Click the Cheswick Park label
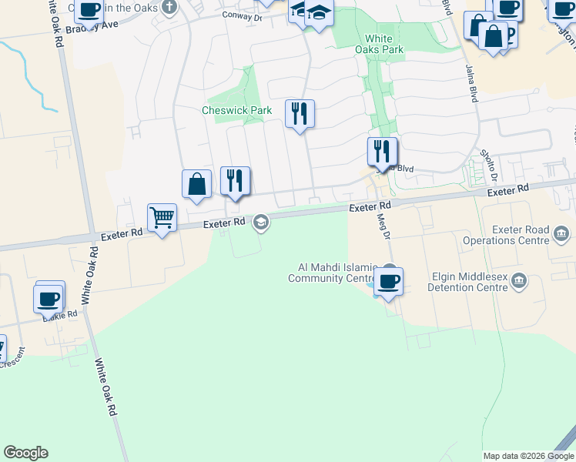236,111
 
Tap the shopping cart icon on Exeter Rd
162,218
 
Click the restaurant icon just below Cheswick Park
300,113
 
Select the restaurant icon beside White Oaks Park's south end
382,150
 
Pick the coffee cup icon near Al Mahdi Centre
389,280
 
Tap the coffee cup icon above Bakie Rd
49,297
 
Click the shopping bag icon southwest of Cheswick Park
196,183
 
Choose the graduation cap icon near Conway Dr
319,14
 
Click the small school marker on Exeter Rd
261,223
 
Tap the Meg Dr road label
383,225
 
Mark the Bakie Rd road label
60,315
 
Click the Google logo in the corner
25,453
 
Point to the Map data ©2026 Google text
527,456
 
